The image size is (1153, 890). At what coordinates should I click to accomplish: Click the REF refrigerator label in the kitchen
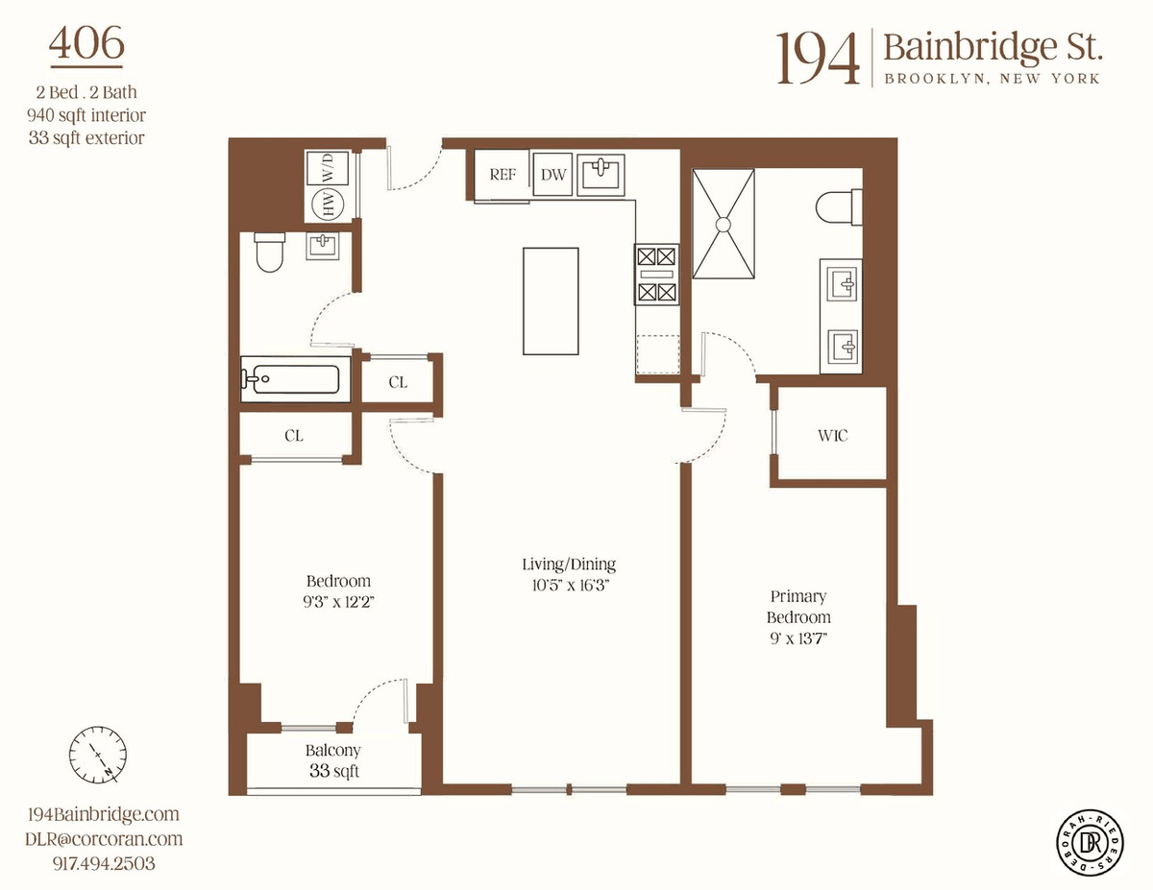[x=502, y=175]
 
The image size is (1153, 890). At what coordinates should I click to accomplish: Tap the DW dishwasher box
[x=552, y=175]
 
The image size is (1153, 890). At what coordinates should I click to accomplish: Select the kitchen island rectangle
[x=551, y=301]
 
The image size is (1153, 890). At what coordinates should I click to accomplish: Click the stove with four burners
[x=656, y=274]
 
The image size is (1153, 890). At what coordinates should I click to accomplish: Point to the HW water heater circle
[x=328, y=204]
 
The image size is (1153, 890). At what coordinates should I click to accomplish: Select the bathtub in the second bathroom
[x=295, y=379]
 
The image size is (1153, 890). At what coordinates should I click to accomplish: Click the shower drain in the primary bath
[x=724, y=225]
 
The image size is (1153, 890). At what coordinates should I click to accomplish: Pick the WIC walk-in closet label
[x=832, y=435]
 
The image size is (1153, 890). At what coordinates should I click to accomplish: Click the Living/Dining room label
[x=569, y=564]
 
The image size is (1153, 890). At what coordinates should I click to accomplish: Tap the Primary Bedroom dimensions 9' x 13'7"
[x=798, y=638]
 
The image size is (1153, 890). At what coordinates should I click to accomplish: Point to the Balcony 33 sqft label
[x=333, y=760]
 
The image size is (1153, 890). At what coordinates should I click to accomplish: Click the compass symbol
[x=98, y=755]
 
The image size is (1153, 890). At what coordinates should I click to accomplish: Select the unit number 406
[x=86, y=43]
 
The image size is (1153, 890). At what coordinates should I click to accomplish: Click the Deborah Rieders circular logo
[x=1090, y=842]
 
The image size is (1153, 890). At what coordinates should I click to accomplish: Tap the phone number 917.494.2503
[x=104, y=863]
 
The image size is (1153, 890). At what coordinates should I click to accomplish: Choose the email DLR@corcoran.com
[x=104, y=838]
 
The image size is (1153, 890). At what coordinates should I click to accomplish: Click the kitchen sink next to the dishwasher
[x=601, y=172]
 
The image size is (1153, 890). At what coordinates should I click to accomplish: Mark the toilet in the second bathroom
[x=270, y=253]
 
